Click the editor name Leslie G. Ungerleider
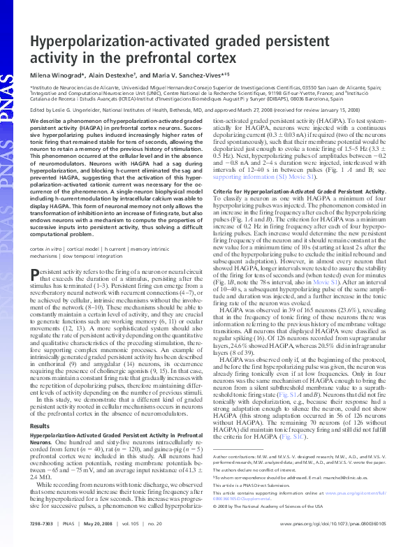80,109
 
